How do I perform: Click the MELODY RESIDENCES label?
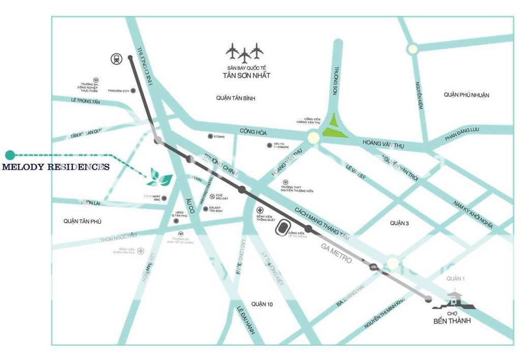coord(56,167)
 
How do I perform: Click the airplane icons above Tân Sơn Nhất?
coord(245,52)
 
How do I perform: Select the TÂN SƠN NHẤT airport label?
coord(246,75)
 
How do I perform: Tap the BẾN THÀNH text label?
coord(452,321)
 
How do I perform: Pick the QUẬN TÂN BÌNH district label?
coord(235,98)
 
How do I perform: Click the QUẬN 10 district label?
coord(262,304)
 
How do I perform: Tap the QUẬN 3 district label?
coord(399,223)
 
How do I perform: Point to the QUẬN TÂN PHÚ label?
coord(83,221)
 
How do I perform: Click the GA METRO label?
coord(336,253)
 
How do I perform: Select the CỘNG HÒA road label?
coord(253,132)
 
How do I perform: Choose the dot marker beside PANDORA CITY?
coord(133,91)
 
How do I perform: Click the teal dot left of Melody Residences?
coord(10,154)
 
